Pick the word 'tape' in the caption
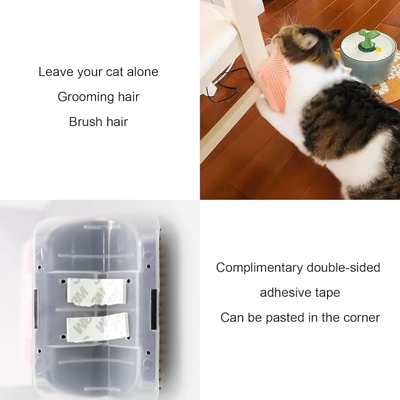(328, 293)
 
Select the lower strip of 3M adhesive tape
(97, 324)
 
